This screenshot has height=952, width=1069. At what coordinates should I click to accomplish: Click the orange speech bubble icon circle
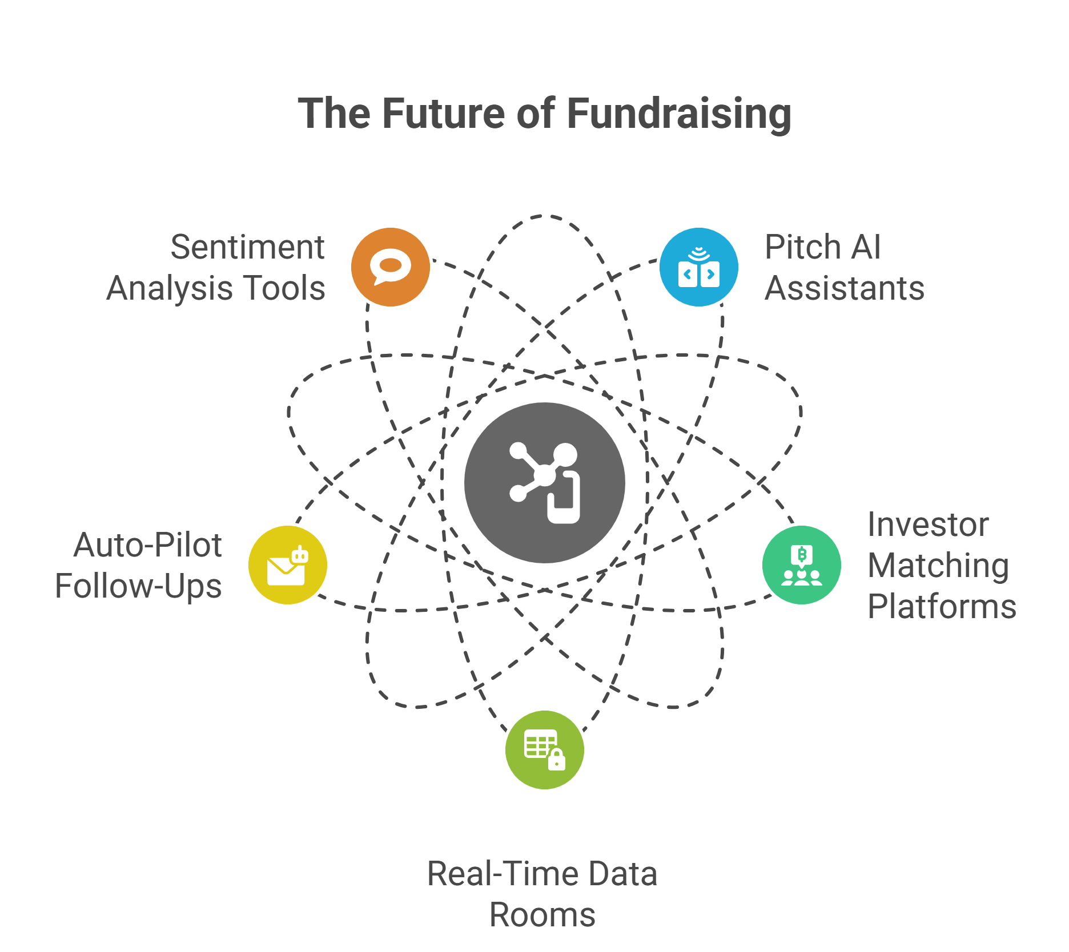(391, 267)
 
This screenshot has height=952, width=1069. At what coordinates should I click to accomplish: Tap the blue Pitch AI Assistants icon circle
(699, 267)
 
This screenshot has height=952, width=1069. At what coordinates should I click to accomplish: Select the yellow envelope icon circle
(288, 565)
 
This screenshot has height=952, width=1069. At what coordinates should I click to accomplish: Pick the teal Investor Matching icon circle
(802, 565)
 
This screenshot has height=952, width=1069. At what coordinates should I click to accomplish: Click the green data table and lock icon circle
(545, 750)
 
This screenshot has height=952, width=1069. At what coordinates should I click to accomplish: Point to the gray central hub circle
(545, 483)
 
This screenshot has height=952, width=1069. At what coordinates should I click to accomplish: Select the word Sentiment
(247, 247)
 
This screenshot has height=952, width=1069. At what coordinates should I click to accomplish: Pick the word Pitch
(802, 247)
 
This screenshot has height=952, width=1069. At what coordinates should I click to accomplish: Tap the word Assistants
(845, 288)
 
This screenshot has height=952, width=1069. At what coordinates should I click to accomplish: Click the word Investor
(928, 525)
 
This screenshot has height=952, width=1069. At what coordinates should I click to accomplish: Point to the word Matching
(938, 567)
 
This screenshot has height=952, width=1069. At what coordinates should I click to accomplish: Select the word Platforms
(942, 606)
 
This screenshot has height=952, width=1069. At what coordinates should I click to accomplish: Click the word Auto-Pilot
(147, 545)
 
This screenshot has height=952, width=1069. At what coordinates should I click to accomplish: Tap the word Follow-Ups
(138, 587)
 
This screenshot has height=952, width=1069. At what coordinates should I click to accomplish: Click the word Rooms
(542, 915)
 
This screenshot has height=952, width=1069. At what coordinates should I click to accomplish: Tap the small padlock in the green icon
(557, 760)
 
